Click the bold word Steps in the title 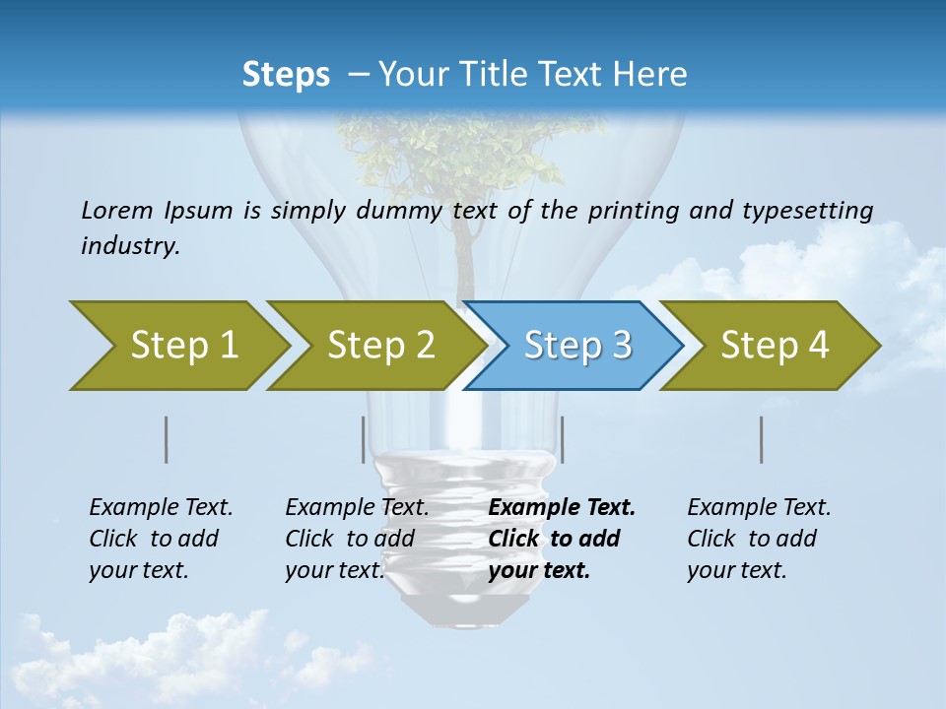[286, 74]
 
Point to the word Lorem [116, 210]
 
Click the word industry [129, 246]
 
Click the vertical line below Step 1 [166, 439]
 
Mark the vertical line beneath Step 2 [364, 439]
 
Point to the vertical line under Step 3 [562, 439]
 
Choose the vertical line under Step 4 [762, 439]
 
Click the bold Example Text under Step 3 [562, 508]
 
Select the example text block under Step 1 [160, 539]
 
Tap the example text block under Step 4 [758, 539]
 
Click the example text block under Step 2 [356, 539]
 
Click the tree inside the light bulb [463, 158]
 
